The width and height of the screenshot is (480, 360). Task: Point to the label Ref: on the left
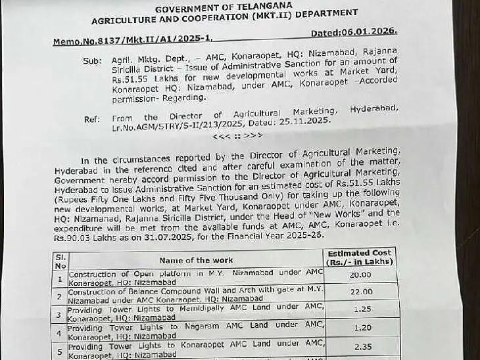tap(91, 119)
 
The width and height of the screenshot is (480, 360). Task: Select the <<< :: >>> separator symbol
tap(237, 135)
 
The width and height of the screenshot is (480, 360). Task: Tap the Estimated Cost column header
tap(359, 256)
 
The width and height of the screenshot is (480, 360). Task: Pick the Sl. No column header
tap(60, 260)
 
